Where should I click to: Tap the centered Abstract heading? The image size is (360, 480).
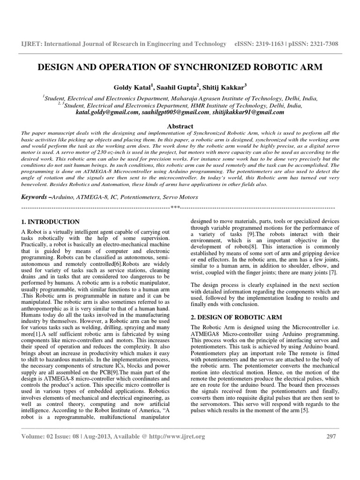click(180, 126)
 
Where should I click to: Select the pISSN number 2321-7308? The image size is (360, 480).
click(322, 44)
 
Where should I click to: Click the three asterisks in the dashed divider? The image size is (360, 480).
click(175, 207)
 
